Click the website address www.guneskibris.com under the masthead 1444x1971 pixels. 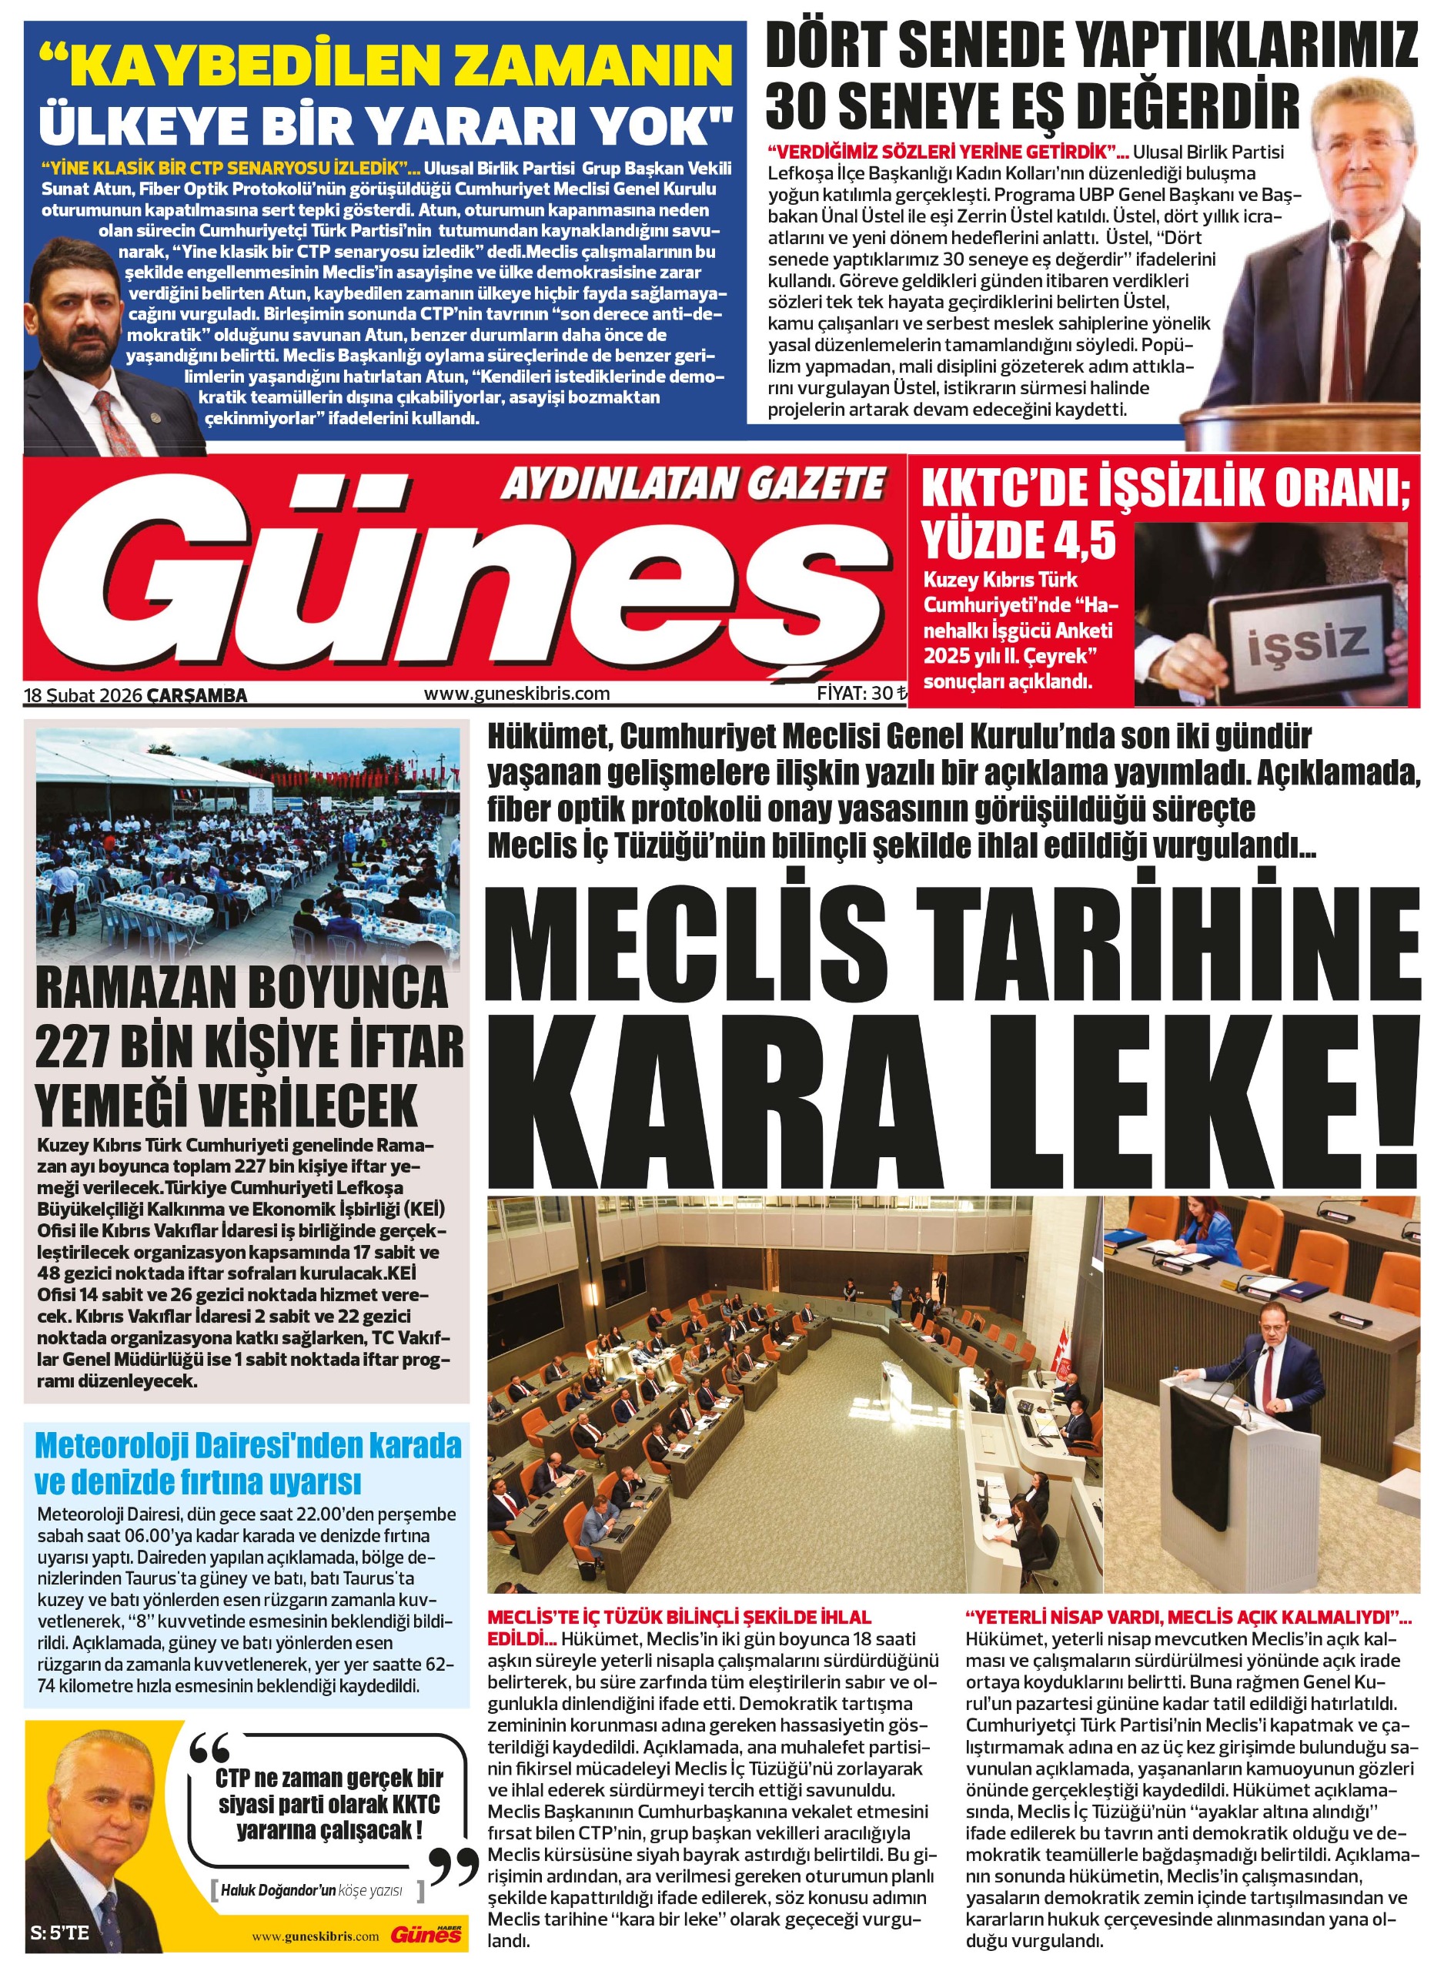[516, 694]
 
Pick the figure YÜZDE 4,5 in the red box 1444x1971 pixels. [1019, 539]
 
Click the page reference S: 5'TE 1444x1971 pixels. [59, 1933]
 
